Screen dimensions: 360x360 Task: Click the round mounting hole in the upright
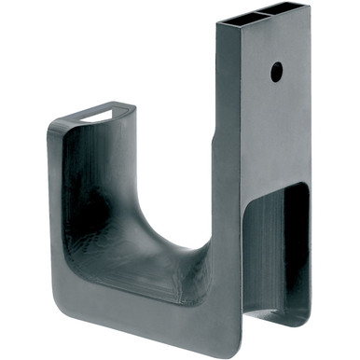[x=276, y=70]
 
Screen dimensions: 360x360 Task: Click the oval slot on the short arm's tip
[x=96, y=116]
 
